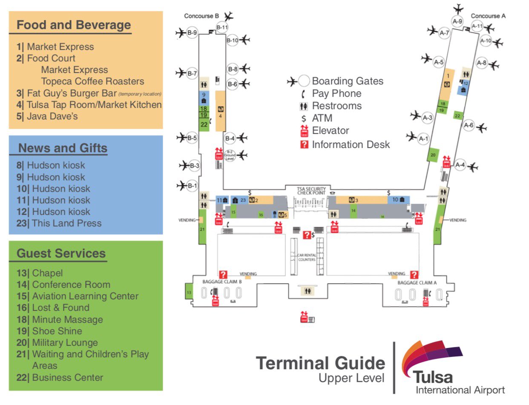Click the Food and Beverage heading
coord(74,25)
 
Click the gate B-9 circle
coord(192,32)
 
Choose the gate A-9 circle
coord(457,21)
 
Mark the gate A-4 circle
coord(460,165)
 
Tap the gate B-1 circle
coord(192,185)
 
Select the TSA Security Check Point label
coord(311,190)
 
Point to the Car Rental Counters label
coord(307,257)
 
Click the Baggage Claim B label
coord(222,282)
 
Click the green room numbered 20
coord(433,155)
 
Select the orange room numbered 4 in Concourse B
coord(220,111)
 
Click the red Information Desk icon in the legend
coord(304,145)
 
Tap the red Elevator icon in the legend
coord(304,130)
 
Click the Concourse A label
coord(488,16)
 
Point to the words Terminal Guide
coord(320,363)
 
